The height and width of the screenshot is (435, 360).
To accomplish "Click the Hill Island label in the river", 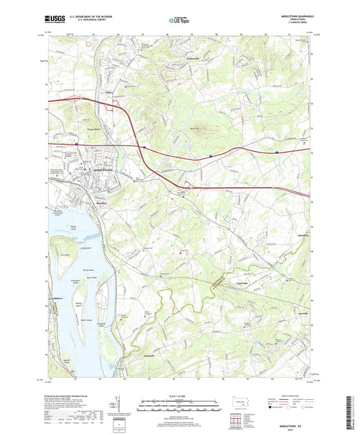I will [65, 255].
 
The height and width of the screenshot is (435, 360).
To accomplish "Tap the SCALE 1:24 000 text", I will [179, 395].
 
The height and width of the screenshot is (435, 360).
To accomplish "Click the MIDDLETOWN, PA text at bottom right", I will [287, 418].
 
